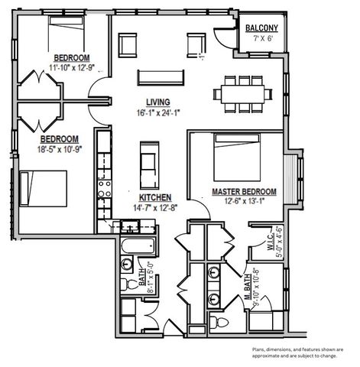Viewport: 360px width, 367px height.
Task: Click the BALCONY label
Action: click(x=261, y=29)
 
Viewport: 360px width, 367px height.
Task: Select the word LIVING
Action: click(x=158, y=102)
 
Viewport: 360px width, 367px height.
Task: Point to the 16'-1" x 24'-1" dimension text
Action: click(x=158, y=112)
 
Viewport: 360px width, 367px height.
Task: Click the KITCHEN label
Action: click(x=155, y=196)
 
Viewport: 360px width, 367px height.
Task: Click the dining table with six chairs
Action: click(x=243, y=93)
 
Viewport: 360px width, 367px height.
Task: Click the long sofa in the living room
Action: click(x=161, y=77)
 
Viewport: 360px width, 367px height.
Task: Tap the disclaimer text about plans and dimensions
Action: click(x=301, y=352)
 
